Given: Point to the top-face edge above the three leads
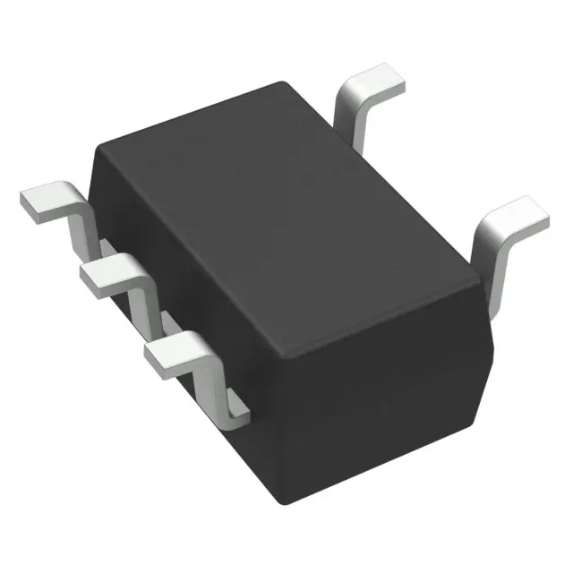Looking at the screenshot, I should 192,260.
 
